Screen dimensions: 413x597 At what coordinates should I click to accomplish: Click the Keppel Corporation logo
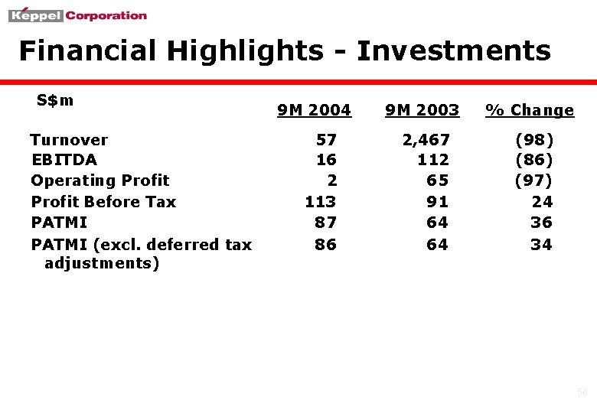pyautogui.click(x=78, y=15)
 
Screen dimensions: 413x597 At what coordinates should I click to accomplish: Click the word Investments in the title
pyautogui.click(x=453, y=51)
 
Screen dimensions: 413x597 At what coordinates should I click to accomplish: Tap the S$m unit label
pyautogui.click(x=55, y=100)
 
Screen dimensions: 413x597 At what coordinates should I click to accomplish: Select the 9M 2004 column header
pyautogui.click(x=314, y=110)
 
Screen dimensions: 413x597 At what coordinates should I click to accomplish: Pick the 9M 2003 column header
pyautogui.click(x=422, y=110)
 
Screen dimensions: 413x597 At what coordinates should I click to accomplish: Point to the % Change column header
pyautogui.click(x=530, y=110)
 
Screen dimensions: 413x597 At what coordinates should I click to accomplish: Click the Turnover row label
pyautogui.click(x=69, y=140)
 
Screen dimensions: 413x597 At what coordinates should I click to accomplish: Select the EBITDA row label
pyautogui.click(x=64, y=160)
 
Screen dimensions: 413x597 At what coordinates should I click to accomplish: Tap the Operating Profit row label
pyautogui.click(x=100, y=180)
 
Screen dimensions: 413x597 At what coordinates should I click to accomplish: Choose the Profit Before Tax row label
pyautogui.click(x=103, y=202)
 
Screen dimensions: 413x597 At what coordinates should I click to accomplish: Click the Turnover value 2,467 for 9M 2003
pyautogui.click(x=426, y=140)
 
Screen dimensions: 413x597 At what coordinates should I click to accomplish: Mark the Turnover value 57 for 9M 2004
pyautogui.click(x=326, y=140)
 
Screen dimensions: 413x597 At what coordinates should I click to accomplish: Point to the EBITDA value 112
pyautogui.click(x=433, y=160)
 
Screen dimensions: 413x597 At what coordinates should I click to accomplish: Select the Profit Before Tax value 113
pyautogui.click(x=320, y=202)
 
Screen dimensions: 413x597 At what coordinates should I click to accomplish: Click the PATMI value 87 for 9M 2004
pyautogui.click(x=326, y=223)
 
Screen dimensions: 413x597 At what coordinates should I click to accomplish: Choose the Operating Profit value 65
pyautogui.click(x=438, y=180)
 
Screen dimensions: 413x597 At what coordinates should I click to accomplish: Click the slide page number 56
pyautogui.click(x=582, y=393)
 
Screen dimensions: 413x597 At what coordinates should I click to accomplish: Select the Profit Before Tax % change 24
pyautogui.click(x=542, y=202)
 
